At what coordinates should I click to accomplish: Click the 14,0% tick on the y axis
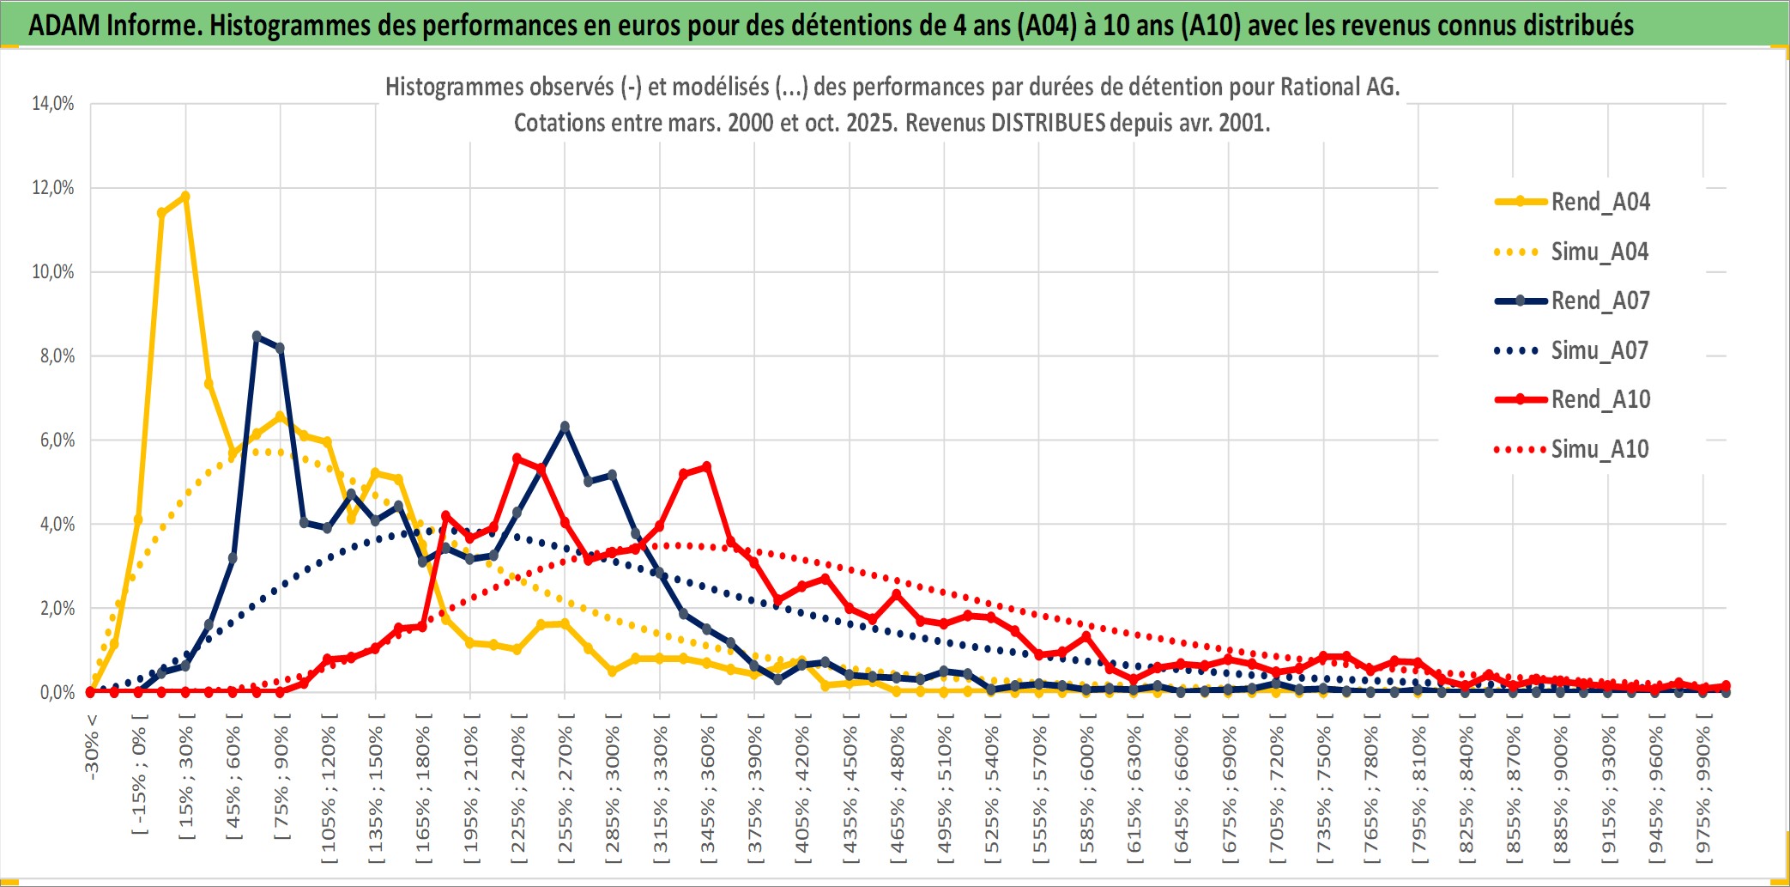53,104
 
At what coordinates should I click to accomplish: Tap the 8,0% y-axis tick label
57,356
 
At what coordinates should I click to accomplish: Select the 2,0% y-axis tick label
57,609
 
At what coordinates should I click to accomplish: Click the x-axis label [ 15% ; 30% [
186,781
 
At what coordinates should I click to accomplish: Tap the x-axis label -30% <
92,747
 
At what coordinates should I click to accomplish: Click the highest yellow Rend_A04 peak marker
184,196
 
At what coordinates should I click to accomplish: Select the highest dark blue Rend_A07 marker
257,336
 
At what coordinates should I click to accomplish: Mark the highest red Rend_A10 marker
517,459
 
